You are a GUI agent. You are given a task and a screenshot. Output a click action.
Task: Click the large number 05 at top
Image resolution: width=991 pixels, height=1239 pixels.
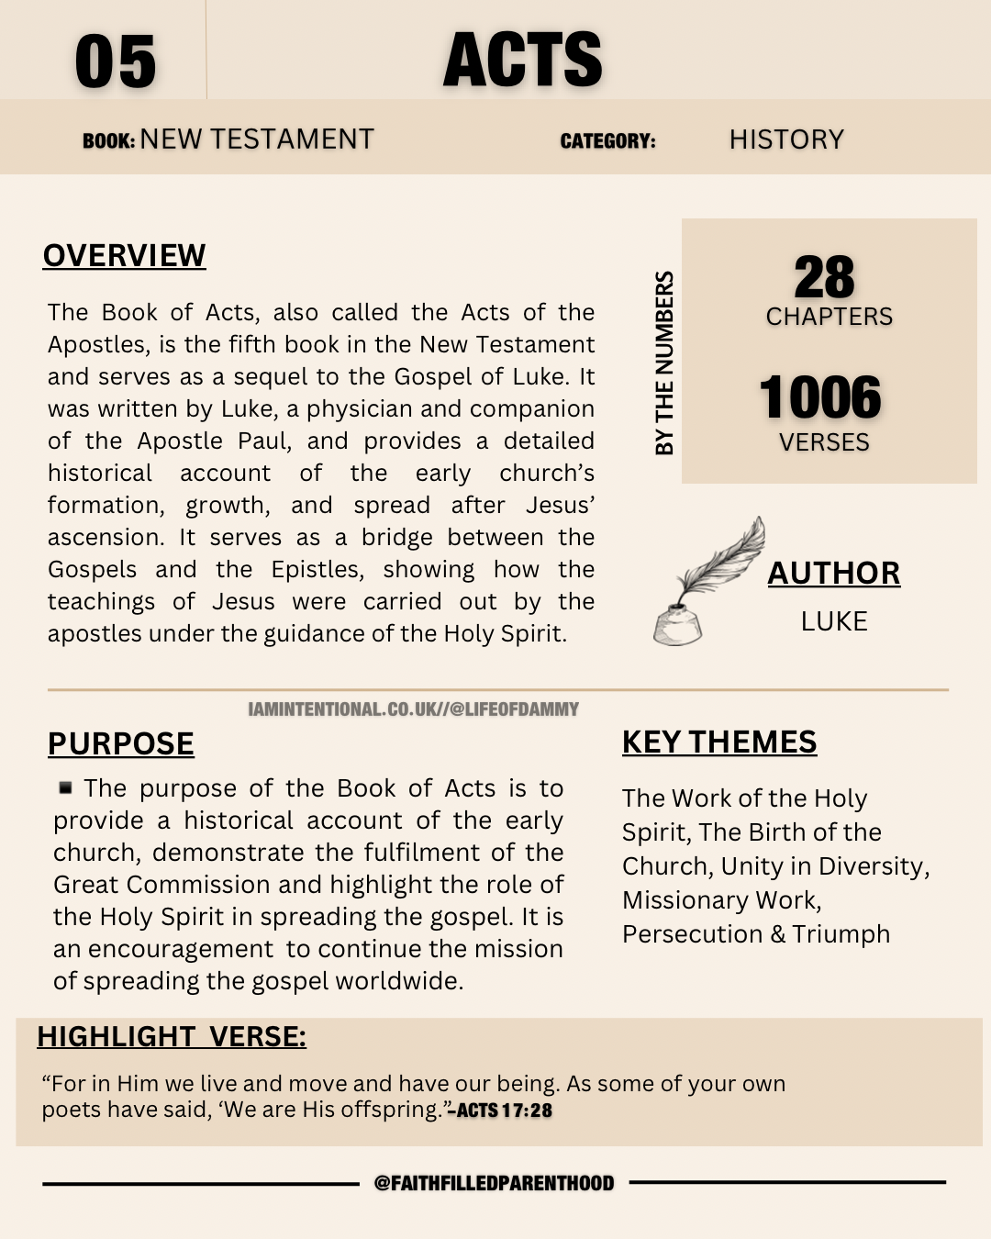(x=116, y=62)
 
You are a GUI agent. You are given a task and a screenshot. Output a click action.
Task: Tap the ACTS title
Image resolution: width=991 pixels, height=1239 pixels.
(x=522, y=61)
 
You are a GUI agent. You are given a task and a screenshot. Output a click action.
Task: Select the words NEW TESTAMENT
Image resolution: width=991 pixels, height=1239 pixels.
(x=257, y=140)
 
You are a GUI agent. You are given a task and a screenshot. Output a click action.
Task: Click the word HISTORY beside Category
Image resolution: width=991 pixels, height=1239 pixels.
(x=786, y=140)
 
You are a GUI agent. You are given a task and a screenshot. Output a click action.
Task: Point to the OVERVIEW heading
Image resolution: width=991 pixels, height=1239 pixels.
(x=125, y=255)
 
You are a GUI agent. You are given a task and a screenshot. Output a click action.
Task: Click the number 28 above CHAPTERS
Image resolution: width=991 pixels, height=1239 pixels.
(x=824, y=277)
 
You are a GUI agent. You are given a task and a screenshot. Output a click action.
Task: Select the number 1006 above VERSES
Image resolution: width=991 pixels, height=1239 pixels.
(x=820, y=397)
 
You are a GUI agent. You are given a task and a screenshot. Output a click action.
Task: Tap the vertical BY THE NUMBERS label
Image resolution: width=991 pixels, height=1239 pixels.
(x=664, y=363)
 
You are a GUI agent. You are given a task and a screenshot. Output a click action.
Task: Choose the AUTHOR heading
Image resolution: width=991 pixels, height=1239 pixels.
(x=833, y=573)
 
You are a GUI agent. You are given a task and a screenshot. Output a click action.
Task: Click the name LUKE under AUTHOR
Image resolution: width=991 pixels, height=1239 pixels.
(x=834, y=621)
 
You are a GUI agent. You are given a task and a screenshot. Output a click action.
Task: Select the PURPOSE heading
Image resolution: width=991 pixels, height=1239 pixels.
(x=121, y=743)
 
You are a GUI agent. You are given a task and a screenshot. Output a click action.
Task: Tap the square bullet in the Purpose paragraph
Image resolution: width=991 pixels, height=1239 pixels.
(x=65, y=787)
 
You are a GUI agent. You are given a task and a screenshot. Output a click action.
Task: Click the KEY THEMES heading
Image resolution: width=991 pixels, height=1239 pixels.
(x=719, y=742)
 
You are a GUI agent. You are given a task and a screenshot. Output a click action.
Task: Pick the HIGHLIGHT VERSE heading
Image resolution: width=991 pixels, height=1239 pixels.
(x=172, y=1036)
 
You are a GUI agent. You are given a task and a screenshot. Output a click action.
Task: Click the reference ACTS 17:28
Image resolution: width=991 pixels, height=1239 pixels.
(x=502, y=1111)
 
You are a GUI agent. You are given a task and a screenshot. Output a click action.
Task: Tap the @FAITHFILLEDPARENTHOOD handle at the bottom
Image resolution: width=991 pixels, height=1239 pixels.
(x=494, y=1183)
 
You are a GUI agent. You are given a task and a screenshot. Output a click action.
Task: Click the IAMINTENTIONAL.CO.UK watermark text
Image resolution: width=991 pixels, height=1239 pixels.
(x=413, y=709)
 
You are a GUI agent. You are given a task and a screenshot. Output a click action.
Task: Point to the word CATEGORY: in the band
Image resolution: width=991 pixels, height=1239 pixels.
(x=607, y=141)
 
